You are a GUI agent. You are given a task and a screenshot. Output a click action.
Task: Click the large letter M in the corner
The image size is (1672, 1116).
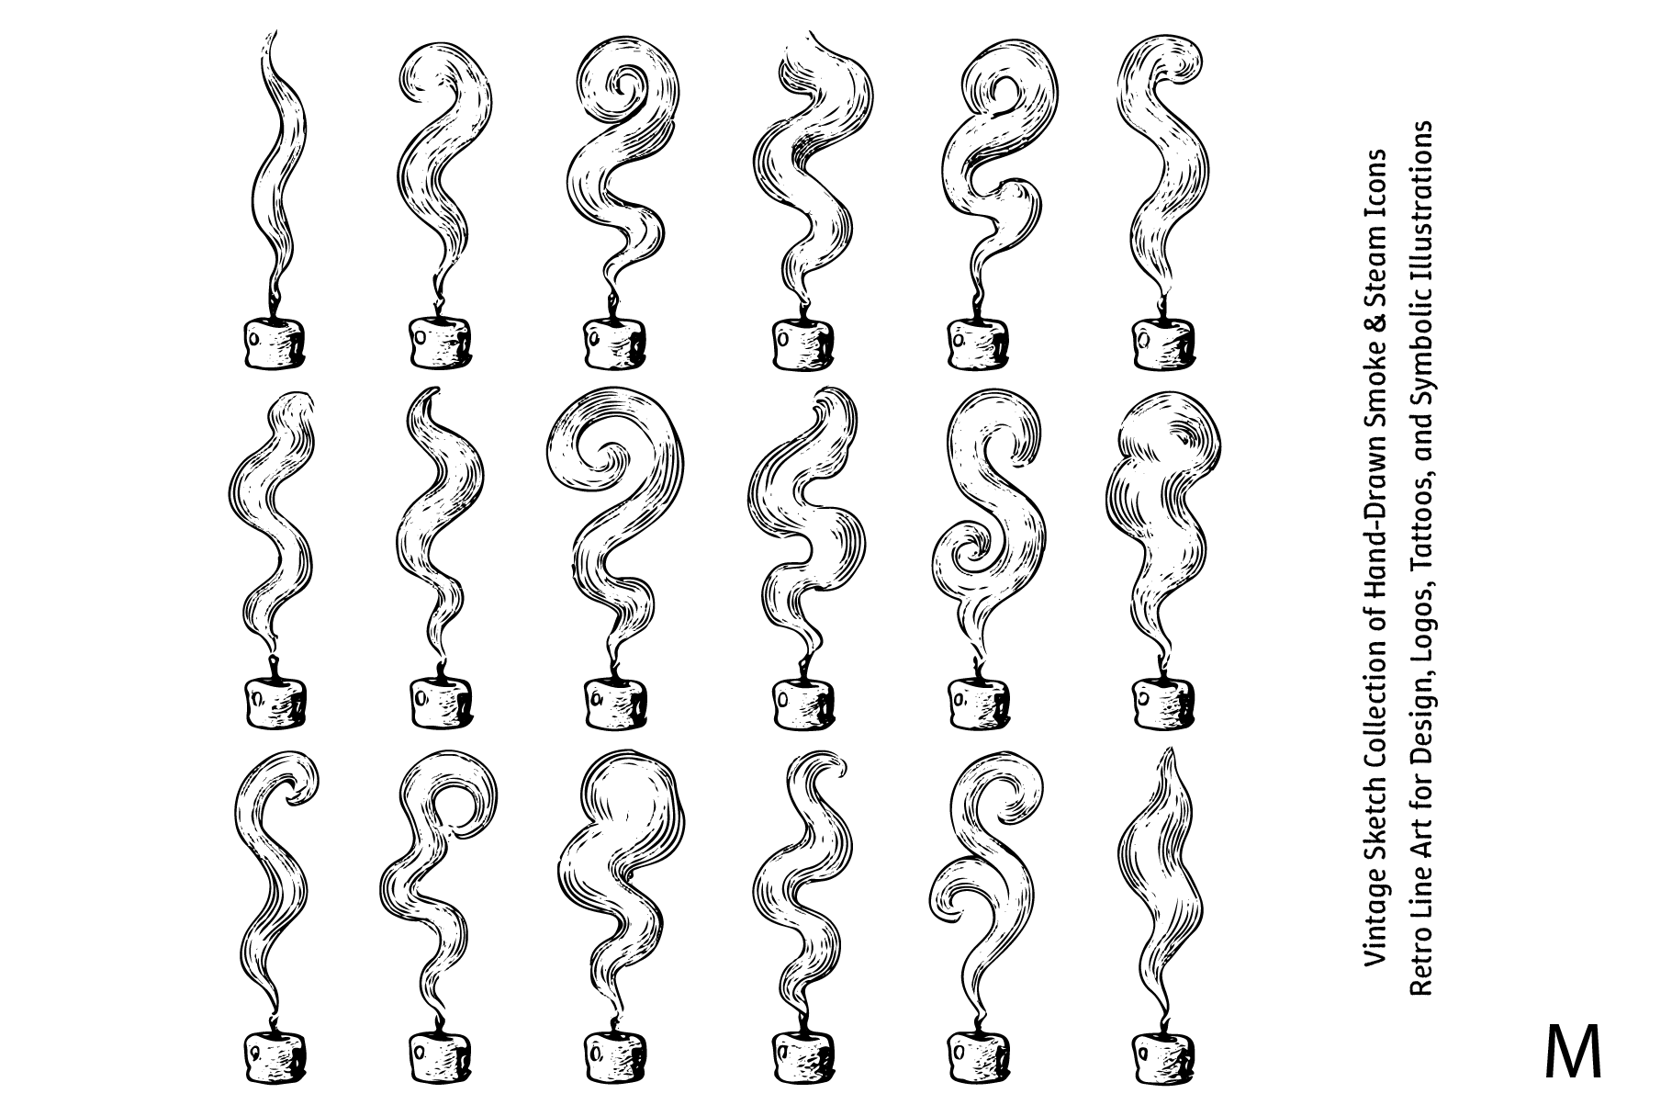[x=1573, y=1053]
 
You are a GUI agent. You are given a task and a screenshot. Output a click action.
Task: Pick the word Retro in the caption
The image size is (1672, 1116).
[x=1420, y=965]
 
